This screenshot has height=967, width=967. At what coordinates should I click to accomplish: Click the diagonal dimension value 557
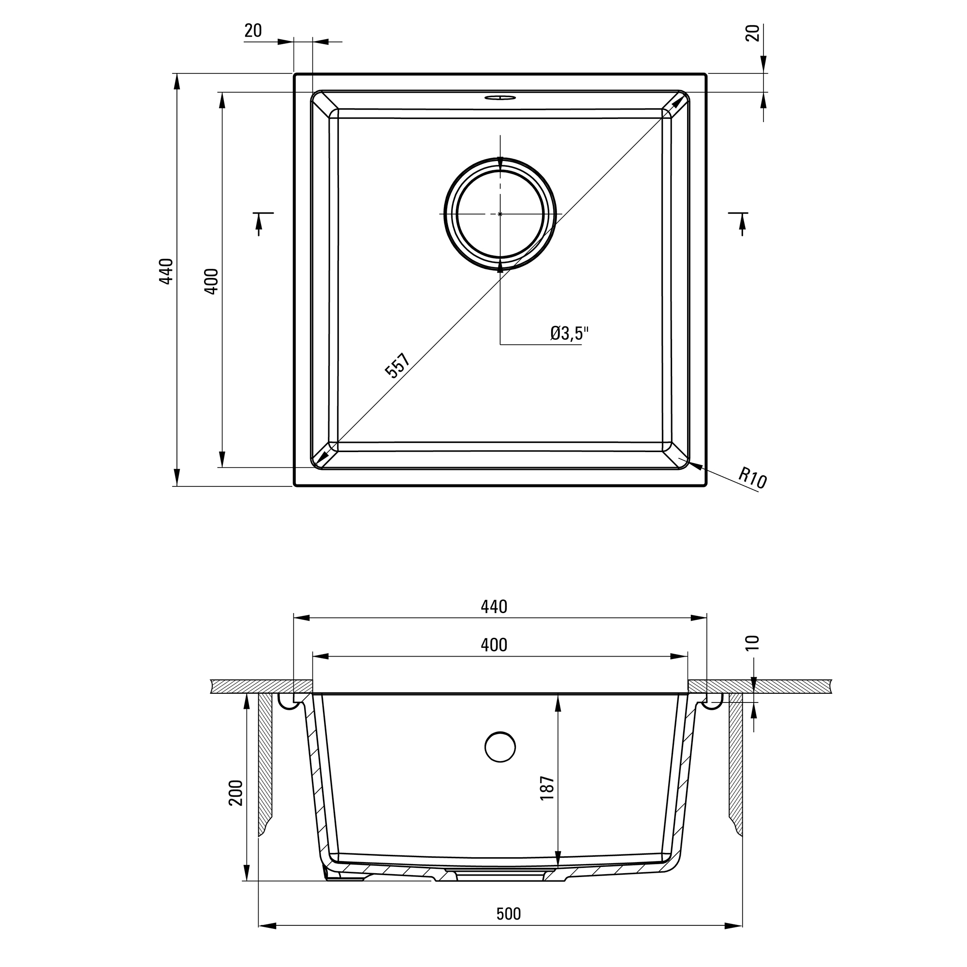pyautogui.click(x=397, y=365)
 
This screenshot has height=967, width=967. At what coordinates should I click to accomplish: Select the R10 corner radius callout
pyautogui.click(x=752, y=478)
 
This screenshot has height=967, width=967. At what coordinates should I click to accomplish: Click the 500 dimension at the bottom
pyautogui.click(x=509, y=914)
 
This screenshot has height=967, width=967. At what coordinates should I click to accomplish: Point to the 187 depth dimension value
pyautogui.click(x=548, y=788)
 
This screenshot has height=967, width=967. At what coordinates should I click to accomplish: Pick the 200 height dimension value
pyautogui.click(x=236, y=792)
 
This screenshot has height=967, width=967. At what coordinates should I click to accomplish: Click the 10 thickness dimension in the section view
pyautogui.click(x=752, y=642)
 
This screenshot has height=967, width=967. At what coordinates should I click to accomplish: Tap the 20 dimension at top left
pyautogui.click(x=253, y=30)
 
